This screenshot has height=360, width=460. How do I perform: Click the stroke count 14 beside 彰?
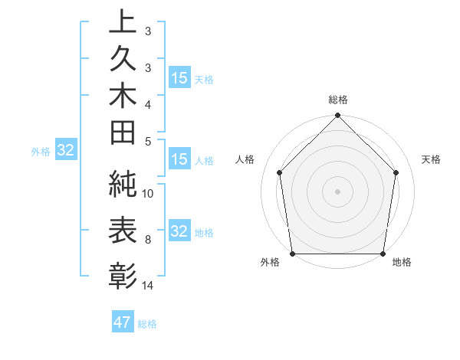[x=148, y=286]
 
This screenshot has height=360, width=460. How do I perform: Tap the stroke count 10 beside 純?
[x=148, y=194]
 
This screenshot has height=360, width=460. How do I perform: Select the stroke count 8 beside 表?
[x=148, y=240]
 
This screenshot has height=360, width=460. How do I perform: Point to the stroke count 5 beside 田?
[x=148, y=141]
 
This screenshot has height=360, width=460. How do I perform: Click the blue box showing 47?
[x=123, y=322]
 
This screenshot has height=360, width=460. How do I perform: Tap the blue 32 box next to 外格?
[x=65, y=150]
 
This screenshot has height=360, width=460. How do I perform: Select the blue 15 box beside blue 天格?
[x=179, y=77]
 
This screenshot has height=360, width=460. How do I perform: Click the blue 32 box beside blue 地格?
[x=179, y=231]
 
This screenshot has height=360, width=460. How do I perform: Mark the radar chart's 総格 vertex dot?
[x=337, y=116]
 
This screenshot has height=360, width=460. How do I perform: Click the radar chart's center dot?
[x=337, y=191]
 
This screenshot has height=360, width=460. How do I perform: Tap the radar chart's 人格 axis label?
[x=245, y=159]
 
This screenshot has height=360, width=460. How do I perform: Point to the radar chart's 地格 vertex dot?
[x=383, y=254]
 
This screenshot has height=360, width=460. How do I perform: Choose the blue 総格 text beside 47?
[x=147, y=324]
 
